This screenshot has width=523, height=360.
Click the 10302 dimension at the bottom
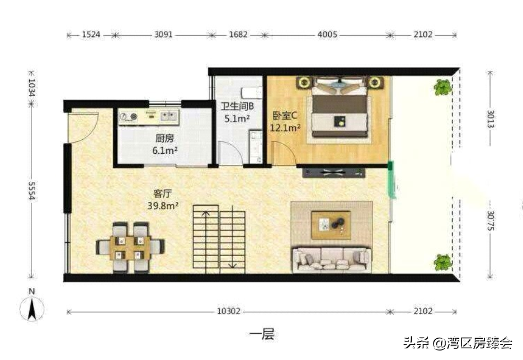(228, 311)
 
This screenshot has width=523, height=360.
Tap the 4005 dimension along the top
(327, 34)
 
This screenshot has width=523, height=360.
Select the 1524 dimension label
(91, 34)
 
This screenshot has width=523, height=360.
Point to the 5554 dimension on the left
(32, 191)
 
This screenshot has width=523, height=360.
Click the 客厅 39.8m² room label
(163, 200)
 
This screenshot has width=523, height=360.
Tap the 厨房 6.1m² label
(165, 144)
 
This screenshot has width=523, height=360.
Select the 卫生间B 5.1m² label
(237, 112)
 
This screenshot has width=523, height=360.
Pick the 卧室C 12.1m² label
(285, 121)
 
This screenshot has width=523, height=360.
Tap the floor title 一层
(262, 334)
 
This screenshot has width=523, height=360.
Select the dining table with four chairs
(130, 247)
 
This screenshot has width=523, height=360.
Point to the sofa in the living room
(332, 259)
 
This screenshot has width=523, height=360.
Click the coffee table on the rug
(331, 225)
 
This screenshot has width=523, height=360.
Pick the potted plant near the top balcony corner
(442, 87)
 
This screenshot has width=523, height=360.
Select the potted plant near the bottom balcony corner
(442, 262)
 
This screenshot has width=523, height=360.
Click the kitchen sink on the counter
(169, 116)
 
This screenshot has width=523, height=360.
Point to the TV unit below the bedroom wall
(334, 173)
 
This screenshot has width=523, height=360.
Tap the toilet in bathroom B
(252, 91)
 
